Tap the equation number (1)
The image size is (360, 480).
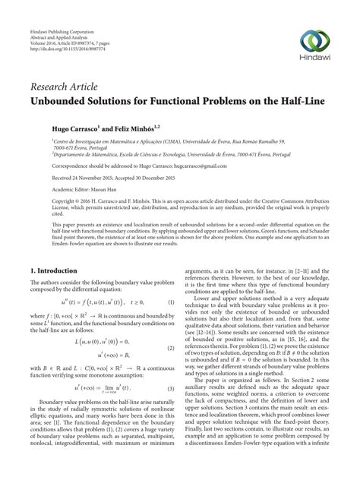pyautogui.click(x=191, y=302)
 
